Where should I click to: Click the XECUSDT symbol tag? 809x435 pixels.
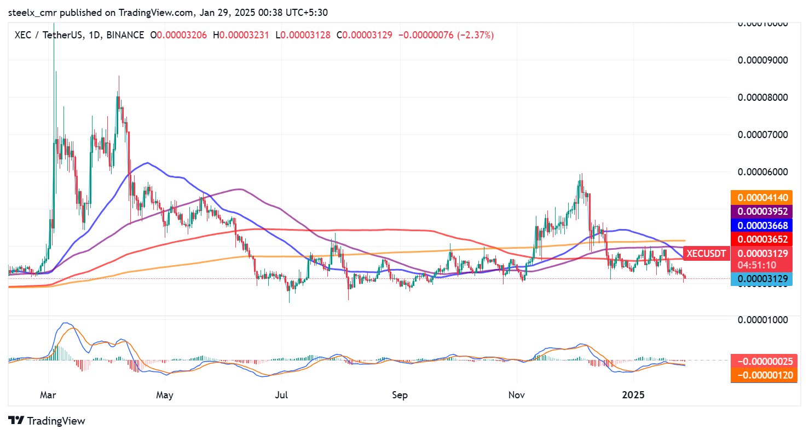point(706,253)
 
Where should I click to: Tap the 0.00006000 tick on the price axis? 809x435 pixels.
point(764,171)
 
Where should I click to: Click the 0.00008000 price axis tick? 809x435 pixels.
point(764,98)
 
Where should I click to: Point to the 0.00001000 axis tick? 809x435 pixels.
point(764,319)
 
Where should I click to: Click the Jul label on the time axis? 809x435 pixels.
point(282,394)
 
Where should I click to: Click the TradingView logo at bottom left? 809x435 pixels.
point(48,421)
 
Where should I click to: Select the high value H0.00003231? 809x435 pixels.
point(244,35)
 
